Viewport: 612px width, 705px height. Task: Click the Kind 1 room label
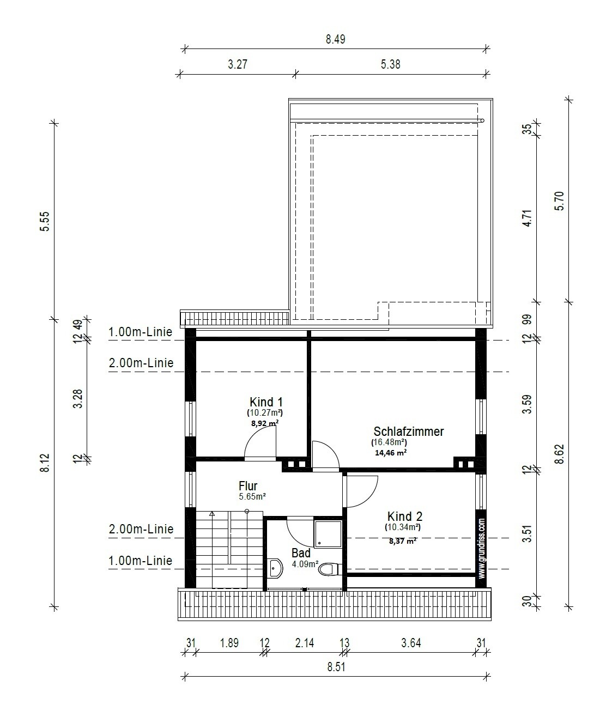click(x=266, y=402)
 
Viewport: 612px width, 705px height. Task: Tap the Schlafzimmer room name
click(x=409, y=431)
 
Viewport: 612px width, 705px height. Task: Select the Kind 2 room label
click(x=404, y=516)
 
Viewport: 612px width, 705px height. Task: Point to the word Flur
click(x=248, y=486)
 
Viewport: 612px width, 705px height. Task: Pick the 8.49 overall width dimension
click(x=335, y=39)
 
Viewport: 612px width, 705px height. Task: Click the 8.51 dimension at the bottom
click(x=336, y=667)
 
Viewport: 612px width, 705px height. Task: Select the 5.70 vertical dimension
click(x=560, y=201)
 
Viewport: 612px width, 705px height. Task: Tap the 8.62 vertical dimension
click(x=560, y=454)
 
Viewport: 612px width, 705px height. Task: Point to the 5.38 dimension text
click(x=390, y=64)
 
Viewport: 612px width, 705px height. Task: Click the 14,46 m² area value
click(x=390, y=452)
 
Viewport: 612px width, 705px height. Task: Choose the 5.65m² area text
click(x=252, y=496)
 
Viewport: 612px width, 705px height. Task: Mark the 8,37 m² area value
click(x=403, y=541)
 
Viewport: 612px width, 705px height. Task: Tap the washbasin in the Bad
click(x=275, y=568)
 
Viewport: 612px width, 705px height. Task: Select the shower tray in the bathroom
click(x=328, y=534)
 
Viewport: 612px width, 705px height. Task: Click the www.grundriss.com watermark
click(x=481, y=549)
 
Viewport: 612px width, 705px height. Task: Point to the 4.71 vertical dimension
click(x=528, y=218)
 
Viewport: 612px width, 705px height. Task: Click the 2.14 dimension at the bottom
click(x=305, y=643)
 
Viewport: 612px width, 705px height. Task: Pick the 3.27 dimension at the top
click(x=238, y=64)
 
